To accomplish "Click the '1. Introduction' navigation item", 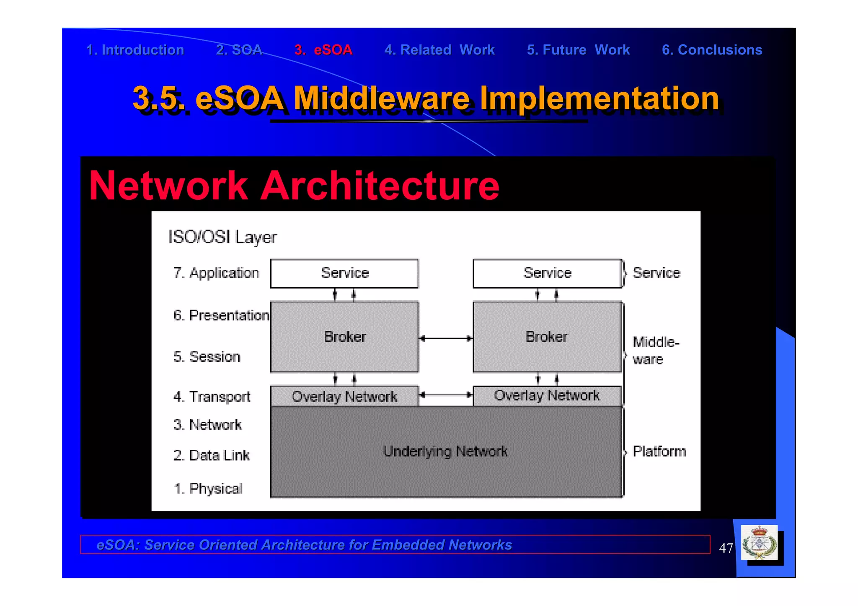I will [x=135, y=50].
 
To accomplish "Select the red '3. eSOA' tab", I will [x=323, y=50].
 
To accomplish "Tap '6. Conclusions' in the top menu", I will [x=711, y=50].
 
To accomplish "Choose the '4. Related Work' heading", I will [x=439, y=50].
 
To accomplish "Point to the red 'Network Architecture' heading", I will [x=294, y=186].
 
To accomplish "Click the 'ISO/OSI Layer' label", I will [x=222, y=237].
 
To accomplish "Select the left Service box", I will [x=344, y=273].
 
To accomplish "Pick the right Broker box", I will [x=547, y=337].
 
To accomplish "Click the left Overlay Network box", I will [x=344, y=396].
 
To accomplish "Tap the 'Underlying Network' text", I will [x=445, y=451].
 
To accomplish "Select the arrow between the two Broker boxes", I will [x=446, y=338].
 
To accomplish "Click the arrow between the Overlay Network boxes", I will [x=446, y=395].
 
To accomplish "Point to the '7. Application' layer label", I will [x=216, y=273].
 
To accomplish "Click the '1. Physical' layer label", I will [x=208, y=488].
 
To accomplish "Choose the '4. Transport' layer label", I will [x=212, y=397].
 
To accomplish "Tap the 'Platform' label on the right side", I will [x=659, y=451].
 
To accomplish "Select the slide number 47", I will [x=726, y=548].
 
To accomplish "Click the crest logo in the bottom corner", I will [x=759, y=543].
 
